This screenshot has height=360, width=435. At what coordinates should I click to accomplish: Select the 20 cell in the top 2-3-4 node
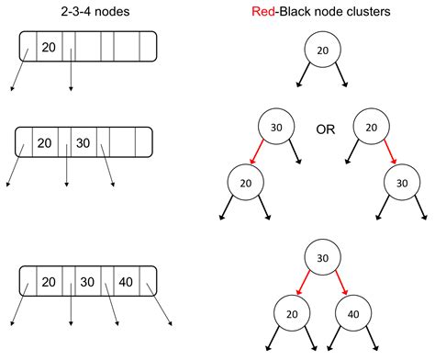pos(50,46)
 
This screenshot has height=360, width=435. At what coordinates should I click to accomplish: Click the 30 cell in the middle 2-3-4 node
pos(83,142)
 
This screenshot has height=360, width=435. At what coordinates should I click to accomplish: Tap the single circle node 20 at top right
pos(321,52)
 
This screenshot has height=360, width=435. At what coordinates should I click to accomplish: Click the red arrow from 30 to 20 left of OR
pos(259,154)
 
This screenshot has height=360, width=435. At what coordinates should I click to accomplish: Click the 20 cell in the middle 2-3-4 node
pos(44,142)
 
